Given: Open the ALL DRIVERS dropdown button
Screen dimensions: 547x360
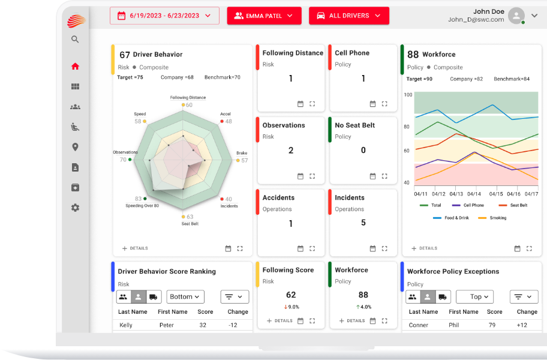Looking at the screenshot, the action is click(x=348, y=16).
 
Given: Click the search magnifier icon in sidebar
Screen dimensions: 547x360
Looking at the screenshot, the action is click(x=75, y=40).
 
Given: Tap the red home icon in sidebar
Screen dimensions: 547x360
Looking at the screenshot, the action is click(x=75, y=67).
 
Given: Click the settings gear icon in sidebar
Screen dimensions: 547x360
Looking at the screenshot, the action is click(x=75, y=208).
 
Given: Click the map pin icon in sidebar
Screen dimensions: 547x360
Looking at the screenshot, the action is click(x=75, y=147).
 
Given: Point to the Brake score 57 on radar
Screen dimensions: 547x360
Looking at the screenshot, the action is click(x=244, y=160).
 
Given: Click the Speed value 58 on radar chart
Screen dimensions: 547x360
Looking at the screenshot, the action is click(x=138, y=121).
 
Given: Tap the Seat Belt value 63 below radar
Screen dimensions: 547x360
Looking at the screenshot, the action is click(x=190, y=217).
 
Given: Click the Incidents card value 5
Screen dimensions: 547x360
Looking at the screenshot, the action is click(x=363, y=223).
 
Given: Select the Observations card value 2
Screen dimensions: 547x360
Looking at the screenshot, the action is click(x=291, y=150).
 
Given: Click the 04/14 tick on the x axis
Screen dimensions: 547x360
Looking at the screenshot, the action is click(x=474, y=194).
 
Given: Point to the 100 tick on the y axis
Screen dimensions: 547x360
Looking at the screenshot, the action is click(x=408, y=95).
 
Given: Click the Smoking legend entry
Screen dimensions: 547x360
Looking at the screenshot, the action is click(x=498, y=218).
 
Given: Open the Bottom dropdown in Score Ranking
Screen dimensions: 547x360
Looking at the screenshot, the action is click(x=185, y=296).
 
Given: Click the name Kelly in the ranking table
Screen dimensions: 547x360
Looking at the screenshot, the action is click(x=126, y=325).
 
